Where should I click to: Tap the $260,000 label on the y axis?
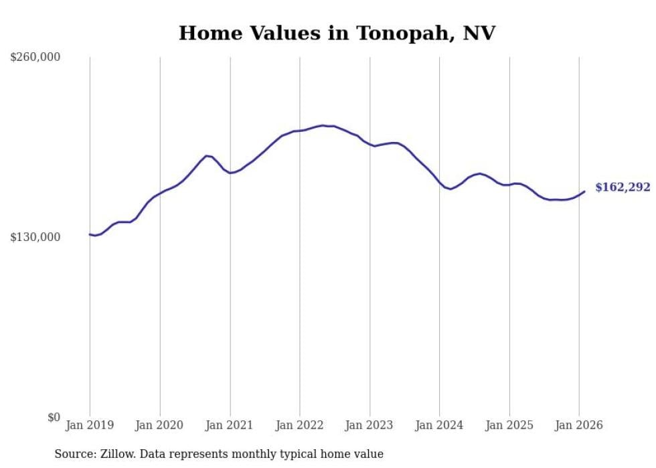coord(35,57)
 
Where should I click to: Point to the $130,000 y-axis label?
coord(35,237)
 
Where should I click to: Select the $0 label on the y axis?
coord(54,417)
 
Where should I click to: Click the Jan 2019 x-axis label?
coord(90,425)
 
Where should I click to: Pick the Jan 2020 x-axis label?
coord(160,425)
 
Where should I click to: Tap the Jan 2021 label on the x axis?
coord(230,425)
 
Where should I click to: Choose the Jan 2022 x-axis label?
coord(300,425)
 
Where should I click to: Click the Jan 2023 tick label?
coord(370,425)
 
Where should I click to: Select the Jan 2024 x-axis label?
coord(439,425)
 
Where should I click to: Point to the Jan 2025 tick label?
coord(509,425)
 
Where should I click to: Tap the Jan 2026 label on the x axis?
coord(579,425)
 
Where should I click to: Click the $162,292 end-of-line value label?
coord(623,187)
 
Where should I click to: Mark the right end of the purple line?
coord(584,191)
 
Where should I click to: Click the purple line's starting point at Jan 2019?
coord(90,234)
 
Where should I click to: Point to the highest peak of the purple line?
coord(323,125)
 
